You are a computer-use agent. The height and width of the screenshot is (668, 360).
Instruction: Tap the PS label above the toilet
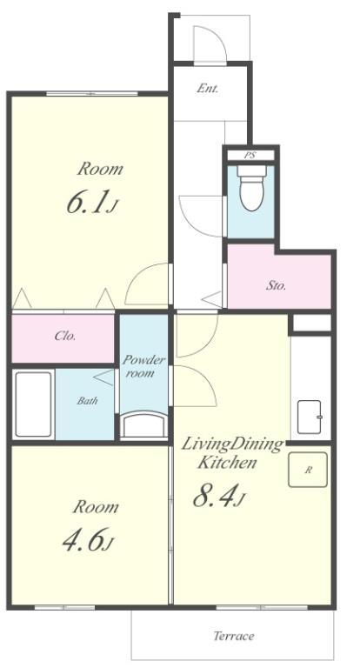(x=250, y=156)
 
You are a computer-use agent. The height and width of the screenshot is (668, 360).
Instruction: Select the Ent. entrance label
(x=208, y=89)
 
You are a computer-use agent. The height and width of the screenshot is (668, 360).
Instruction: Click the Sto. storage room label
(x=276, y=285)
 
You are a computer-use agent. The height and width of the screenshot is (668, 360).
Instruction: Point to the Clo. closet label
(x=65, y=336)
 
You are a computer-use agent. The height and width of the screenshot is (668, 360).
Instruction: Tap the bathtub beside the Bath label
(x=33, y=404)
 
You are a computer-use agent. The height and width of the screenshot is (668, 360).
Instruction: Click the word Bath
(x=87, y=400)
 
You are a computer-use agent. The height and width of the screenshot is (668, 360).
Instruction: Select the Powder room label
(x=143, y=366)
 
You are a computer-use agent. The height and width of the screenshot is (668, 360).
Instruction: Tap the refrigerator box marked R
(x=308, y=470)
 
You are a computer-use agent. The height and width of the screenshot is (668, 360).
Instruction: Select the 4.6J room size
(x=88, y=541)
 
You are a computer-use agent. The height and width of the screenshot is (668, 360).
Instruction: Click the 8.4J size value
(x=219, y=497)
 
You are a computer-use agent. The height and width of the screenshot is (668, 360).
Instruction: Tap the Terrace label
(x=233, y=636)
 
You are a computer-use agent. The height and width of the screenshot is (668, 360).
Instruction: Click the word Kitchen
(x=227, y=462)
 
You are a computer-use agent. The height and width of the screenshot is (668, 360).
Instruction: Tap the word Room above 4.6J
(x=96, y=507)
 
